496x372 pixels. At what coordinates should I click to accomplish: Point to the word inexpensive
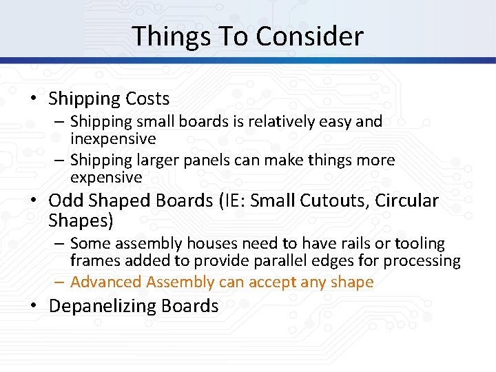pyautogui.click(x=113, y=138)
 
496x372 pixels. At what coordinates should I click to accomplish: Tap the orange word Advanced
pyautogui.click(x=99, y=282)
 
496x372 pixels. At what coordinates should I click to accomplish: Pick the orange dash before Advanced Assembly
pyautogui.click(x=59, y=282)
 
